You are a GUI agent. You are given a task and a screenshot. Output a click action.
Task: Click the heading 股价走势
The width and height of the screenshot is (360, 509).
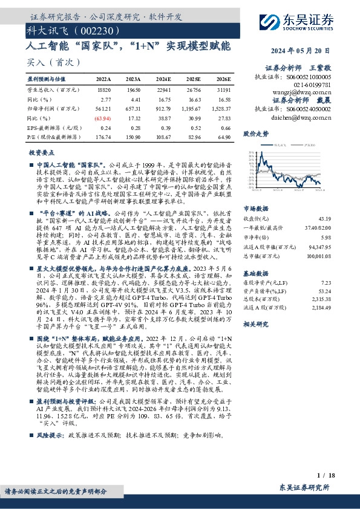tap(255, 133)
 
